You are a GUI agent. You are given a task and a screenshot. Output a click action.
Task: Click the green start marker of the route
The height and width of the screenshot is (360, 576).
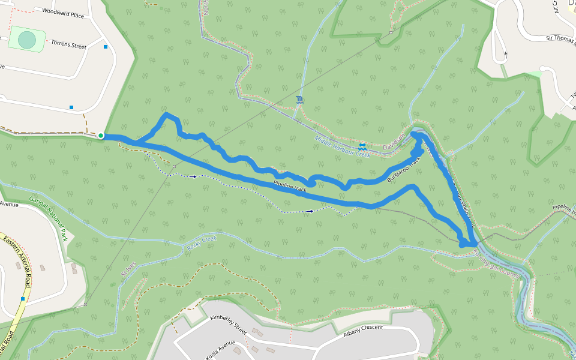click(x=101, y=136)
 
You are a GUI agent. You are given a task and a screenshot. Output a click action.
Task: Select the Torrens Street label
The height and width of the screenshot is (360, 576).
click(x=68, y=44)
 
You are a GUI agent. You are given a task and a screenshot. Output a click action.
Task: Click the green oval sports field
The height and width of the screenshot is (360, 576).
click(x=27, y=40)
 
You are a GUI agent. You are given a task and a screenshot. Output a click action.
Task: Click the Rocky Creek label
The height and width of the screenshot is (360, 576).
click(x=202, y=242)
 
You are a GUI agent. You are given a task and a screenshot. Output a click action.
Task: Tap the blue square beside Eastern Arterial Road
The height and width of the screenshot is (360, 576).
click(x=23, y=298)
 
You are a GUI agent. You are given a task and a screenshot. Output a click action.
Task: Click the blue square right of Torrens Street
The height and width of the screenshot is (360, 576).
click(x=106, y=46)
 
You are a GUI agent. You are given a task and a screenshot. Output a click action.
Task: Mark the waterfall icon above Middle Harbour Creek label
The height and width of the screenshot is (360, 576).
click(x=299, y=100)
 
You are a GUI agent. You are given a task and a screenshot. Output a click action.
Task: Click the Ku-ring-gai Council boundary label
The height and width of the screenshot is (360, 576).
click(x=495, y=263)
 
